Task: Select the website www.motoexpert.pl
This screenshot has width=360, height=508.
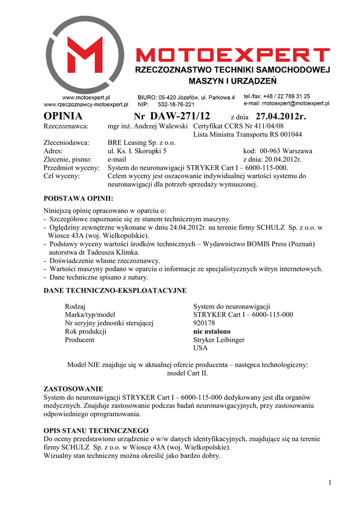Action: [86, 98]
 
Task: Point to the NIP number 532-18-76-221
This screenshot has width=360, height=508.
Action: [176, 105]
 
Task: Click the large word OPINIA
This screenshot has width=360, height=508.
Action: [63, 117]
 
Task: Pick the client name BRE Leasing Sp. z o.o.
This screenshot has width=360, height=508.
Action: [142, 143]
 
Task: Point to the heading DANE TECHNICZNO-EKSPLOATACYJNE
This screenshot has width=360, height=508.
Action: [115, 290]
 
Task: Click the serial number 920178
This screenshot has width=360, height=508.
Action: [204, 323]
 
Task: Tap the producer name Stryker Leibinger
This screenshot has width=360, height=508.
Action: [218, 340]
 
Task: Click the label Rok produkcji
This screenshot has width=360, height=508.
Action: [86, 331]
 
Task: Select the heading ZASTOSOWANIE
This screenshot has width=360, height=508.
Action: [73, 388]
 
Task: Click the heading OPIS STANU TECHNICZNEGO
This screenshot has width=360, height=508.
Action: [96, 430]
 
